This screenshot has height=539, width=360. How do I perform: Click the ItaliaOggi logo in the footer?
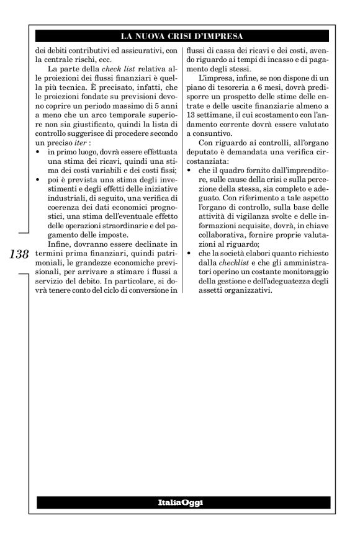(x=180, y=501)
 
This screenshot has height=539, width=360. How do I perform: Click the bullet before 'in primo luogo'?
(x=39, y=151)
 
